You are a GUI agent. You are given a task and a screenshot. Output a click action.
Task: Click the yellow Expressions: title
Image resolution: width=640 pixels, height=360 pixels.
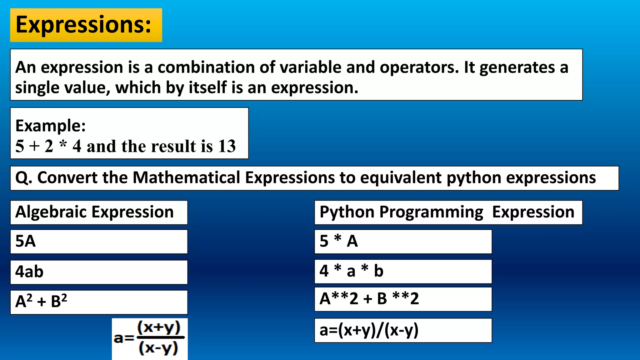(84, 25)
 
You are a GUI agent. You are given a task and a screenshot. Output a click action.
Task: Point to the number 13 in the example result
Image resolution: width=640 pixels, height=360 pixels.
(227, 146)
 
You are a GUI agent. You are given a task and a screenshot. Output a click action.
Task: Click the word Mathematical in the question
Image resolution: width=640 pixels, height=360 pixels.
(187, 178)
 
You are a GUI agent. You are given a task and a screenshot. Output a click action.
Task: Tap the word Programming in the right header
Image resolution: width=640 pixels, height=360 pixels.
(431, 212)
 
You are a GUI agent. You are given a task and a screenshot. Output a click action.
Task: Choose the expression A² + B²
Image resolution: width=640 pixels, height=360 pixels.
(41, 302)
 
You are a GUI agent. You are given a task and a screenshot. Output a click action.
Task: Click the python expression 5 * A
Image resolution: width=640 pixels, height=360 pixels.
(339, 241)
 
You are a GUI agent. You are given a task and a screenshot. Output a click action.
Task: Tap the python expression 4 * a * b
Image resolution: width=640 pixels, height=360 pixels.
(351, 271)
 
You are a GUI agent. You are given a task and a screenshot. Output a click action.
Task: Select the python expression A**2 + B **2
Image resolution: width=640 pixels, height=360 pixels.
(369, 299)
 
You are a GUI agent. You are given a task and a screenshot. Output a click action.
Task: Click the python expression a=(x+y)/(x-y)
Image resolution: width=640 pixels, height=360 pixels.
(369, 330)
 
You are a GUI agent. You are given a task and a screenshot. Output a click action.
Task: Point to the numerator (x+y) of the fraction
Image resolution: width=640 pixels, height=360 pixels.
(159, 327)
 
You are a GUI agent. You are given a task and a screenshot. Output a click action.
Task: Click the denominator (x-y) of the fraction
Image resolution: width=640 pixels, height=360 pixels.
(158, 348)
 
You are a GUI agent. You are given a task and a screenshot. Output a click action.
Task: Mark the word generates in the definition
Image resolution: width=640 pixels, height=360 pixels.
(517, 67)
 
